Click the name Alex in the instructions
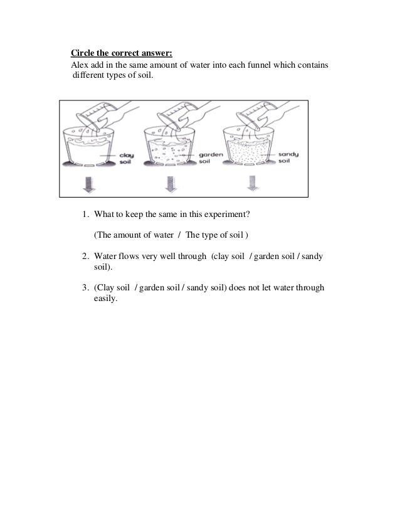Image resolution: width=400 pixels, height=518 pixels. click(80, 66)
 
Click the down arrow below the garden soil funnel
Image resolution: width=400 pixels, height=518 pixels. click(169, 184)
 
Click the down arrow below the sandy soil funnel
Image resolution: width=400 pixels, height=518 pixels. click(251, 184)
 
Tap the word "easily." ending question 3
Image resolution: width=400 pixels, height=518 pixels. click(105, 299)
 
